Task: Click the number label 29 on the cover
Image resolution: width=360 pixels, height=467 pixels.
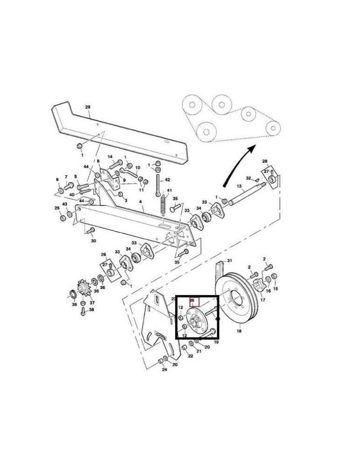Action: tap(88, 107)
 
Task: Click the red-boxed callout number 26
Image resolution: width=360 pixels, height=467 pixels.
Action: tap(194, 301)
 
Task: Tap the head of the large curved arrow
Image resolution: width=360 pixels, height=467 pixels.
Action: tap(252, 148)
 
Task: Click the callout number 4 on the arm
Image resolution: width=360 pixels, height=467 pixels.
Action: tap(141, 202)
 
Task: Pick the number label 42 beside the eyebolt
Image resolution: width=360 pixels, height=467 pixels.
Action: tap(168, 179)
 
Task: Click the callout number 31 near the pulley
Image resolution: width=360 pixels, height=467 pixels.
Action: tap(229, 260)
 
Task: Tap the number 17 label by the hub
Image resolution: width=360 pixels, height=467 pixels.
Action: tap(263, 300)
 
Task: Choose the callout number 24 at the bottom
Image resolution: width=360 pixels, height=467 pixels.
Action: tap(164, 370)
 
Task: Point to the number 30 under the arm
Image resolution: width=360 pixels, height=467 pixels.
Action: tap(93, 241)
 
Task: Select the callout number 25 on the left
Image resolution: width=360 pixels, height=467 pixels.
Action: tap(57, 208)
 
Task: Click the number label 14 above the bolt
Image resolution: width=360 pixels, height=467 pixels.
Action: tap(110, 157)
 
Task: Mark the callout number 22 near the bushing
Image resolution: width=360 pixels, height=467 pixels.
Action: tap(191, 356)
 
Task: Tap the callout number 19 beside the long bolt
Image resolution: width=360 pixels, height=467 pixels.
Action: tap(216, 342)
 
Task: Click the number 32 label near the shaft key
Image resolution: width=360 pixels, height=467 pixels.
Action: tap(248, 178)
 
